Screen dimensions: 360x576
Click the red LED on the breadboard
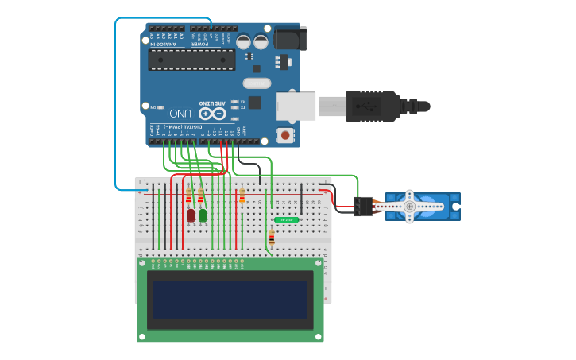coord(191,215)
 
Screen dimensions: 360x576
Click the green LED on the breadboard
coord(203,215)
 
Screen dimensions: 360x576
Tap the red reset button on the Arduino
coord(285,135)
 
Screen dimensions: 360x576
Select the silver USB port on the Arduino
coord(296,106)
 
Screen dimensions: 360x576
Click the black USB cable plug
coord(373,106)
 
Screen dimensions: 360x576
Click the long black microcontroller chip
coord(191,60)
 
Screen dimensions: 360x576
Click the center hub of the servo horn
coord(409,207)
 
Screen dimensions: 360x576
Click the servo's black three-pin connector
coord(363,207)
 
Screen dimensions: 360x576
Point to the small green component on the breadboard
coord(286,219)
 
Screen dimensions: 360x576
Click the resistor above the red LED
coord(188,197)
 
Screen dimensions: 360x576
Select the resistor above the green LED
coord(200,197)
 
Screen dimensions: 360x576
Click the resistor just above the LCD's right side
coord(272,237)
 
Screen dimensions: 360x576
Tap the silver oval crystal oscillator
coord(257,83)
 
